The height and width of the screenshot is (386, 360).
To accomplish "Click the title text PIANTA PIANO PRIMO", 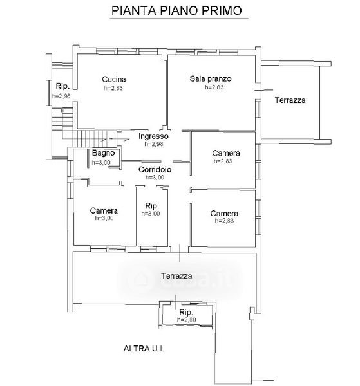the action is click(x=176, y=10).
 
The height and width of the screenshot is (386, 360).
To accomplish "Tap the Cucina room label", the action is click(x=114, y=80).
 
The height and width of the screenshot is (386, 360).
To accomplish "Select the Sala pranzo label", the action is click(x=211, y=78).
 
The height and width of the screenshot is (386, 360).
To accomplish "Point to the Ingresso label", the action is click(x=153, y=136).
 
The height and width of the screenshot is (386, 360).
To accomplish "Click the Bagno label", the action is click(x=103, y=153).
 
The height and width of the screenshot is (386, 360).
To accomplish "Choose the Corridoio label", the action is click(x=155, y=169).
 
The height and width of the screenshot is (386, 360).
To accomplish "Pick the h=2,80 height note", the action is click(x=187, y=320).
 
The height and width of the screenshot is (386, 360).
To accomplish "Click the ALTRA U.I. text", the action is click(x=144, y=348).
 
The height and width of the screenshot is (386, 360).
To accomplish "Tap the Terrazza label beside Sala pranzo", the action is click(x=290, y=100).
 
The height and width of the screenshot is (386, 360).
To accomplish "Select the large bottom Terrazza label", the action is click(x=176, y=276).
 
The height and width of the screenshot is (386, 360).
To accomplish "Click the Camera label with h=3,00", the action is click(x=104, y=210).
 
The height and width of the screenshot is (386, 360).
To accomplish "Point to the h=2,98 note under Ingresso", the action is click(x=154, y=143).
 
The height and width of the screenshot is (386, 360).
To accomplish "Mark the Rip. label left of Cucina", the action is click(x=62, y=86).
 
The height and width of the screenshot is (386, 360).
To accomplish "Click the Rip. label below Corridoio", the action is click(x=152, y=206).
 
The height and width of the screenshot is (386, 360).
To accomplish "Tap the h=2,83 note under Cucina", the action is click(x=113, y=88).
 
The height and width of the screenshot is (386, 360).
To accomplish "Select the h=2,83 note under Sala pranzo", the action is click(x=214, y=87).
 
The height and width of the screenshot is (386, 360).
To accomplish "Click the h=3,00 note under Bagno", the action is click(x=101, y=162).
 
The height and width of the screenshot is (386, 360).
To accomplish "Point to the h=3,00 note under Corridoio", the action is click(x=155, y=178).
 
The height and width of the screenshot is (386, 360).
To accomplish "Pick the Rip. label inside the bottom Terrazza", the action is click(x=186, y=313).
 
